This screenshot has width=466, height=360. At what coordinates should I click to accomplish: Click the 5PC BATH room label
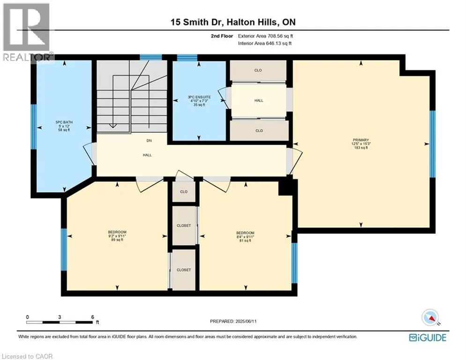point(64,126)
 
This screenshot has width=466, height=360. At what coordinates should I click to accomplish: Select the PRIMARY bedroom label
point(361,143)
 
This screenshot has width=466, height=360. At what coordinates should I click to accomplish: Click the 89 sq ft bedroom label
point(117,236)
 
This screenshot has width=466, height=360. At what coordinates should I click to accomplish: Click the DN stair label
point(149,140)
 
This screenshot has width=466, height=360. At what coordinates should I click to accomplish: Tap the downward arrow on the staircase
point(112,124)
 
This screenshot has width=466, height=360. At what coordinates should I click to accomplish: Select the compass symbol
point(429,318)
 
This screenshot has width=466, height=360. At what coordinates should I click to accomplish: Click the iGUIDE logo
point(427,337)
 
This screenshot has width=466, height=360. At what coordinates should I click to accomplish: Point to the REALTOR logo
point(27,32)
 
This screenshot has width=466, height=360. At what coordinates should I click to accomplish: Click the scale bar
point(59,322)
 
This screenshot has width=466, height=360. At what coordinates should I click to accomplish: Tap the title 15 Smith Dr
point(232,22)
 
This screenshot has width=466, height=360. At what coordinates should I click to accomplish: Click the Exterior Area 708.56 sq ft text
point(266,36)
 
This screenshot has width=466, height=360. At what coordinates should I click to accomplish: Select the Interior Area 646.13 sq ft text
point(265,43)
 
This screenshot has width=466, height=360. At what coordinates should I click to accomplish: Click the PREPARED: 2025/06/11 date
point(234,321)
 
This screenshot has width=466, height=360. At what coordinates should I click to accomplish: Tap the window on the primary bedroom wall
point(432,144)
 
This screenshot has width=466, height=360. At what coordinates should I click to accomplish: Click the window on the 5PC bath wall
point(33,127)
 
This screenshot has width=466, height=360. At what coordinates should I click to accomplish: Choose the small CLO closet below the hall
point(184,192)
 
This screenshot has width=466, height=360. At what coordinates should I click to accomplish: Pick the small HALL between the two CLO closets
point(259,100)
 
